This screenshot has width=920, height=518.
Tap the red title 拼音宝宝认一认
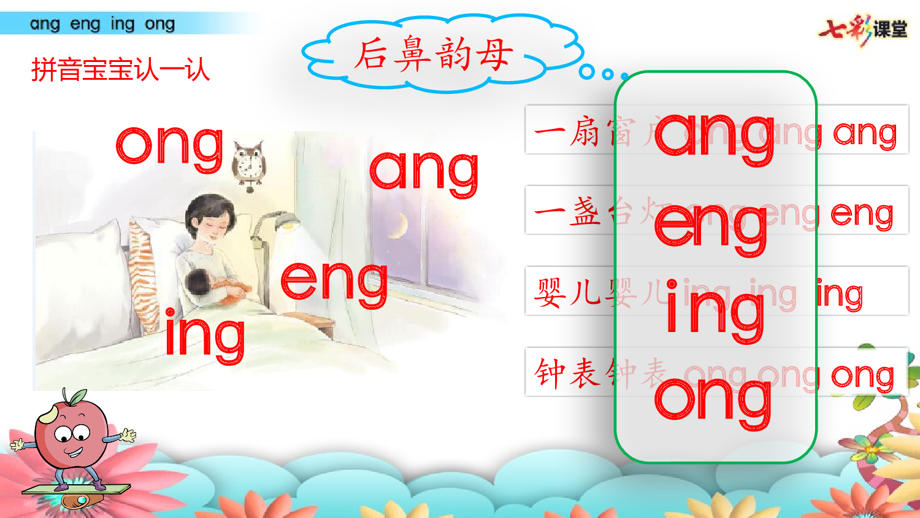[120, 70]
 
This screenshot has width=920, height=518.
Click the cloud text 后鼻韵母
[433, 54]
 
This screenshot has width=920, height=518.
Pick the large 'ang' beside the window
[424, 172]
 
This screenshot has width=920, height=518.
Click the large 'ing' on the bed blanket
[205, 334]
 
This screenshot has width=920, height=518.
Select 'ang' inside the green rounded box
[715, 136]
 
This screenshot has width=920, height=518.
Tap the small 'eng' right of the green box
[862, 215]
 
